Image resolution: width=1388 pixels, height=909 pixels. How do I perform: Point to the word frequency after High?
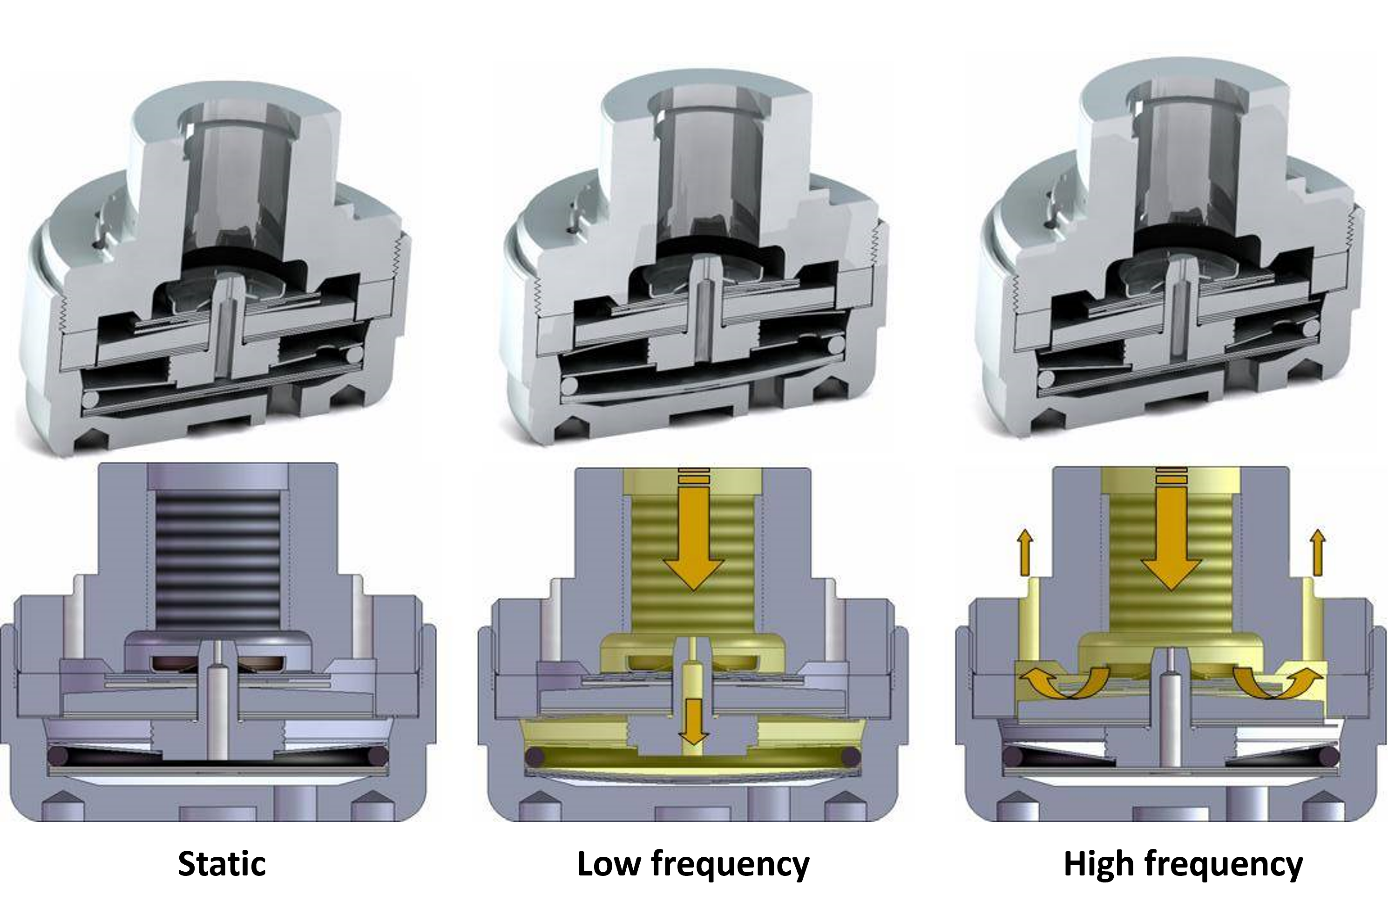1222,866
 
